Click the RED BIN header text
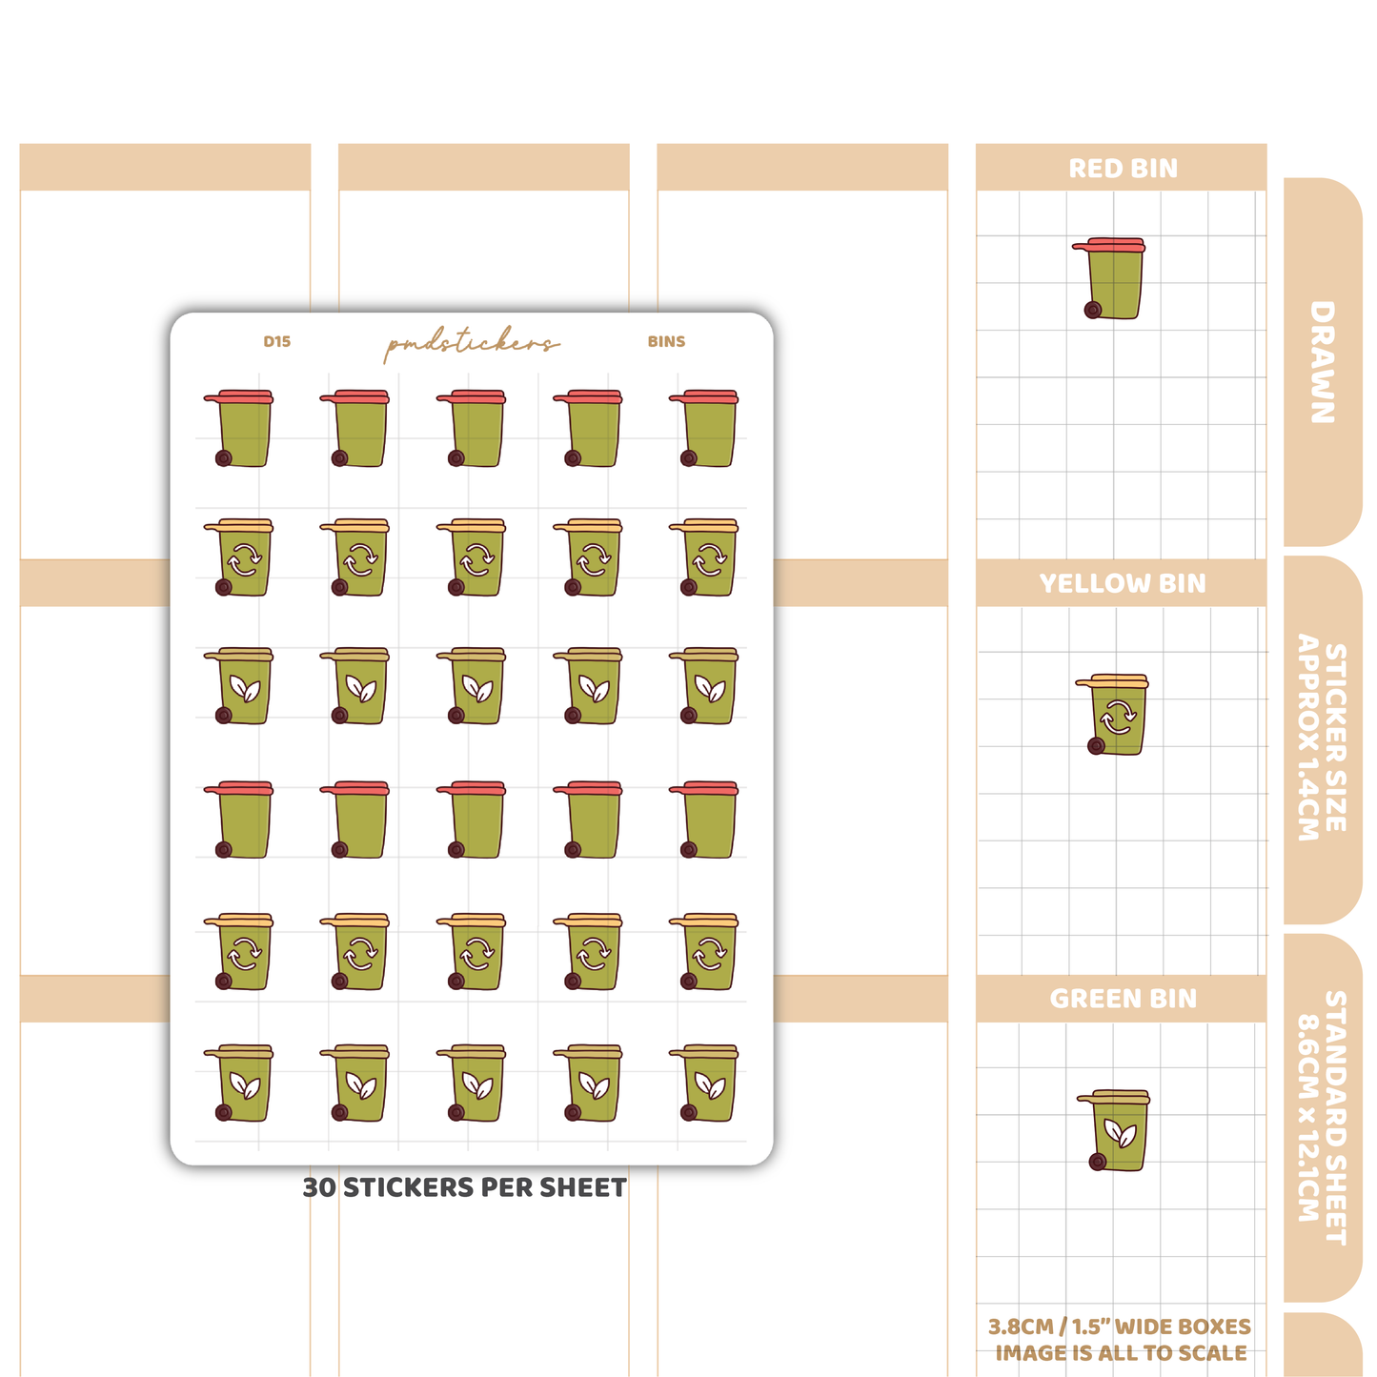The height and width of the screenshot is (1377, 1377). (x=1123, y=169)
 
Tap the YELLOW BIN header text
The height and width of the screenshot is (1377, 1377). (x=1123, y=584)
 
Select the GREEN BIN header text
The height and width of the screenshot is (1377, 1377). (x=1123, y=999)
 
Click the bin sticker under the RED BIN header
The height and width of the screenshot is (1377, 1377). (x=1109, y=278)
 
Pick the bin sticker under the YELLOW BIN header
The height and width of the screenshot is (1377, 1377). (x=1112, y=714)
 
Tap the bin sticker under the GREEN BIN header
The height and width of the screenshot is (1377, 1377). (x=1113, y=1130)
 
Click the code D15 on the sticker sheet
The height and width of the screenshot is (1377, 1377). (x=276, y=341)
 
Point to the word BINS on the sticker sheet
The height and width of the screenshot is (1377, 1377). (x=666, y=341)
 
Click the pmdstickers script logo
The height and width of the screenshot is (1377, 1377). (x=472, y=343)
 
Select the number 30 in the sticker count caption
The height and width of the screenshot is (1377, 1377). (x=319, y=1187)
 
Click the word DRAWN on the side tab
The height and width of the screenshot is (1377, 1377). (x=1323, y=362)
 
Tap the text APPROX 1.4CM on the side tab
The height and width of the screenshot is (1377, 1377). (x=1308, y=737)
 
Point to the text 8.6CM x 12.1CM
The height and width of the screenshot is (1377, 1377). (x=1308, y=1118)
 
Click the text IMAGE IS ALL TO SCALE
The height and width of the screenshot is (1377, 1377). (x=1122, y=1353)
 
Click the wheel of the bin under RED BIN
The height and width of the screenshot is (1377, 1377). (x=1093, y=310)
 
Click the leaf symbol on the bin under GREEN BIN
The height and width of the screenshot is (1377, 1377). (x=1121, y=1132)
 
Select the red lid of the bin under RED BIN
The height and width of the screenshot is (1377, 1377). (x=1108, y=245)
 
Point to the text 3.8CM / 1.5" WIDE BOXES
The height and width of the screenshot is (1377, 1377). (x=1120, y=1326)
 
